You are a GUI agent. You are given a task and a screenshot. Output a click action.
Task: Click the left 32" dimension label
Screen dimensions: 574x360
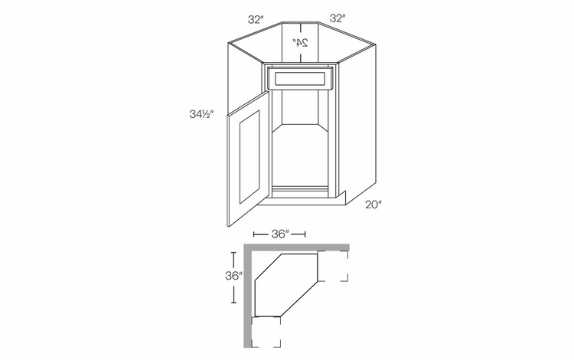[x=256, y=19]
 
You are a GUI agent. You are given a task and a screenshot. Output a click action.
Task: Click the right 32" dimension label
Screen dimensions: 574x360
[x=338, y=18]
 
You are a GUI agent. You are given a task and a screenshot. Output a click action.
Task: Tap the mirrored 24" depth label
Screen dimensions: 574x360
[x=300, y=42]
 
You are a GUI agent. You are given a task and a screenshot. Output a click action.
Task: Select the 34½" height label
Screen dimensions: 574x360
[x=201, y=114]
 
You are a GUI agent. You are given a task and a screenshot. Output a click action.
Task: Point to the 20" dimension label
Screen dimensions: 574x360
[x=373, y=205]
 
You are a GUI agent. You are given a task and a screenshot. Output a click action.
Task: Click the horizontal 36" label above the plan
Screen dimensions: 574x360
[x=280, y=234]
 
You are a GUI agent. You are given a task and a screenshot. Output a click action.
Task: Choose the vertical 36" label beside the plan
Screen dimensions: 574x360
[x=234, y=276]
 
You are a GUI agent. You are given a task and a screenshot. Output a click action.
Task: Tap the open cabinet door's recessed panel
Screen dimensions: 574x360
[x=249, y=157]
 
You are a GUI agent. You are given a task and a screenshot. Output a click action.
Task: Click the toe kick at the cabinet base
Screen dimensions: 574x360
[x=304, y=201]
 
